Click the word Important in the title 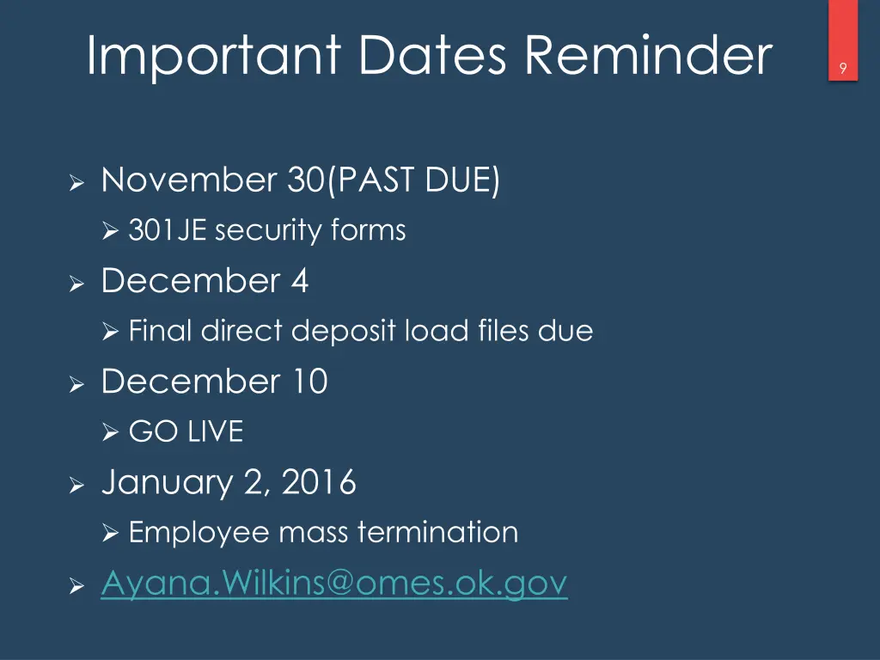(x=214, y=56)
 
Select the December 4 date (x=205, y=281)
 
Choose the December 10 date (x=214, y=382)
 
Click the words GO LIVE (x=186, y=431)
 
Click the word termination (x=437, y=533)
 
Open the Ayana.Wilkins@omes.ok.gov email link (x=334, y=584)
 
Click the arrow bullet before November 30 (x=76, y=184)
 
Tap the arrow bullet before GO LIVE (x=109, y=432)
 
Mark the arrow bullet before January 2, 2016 (x=76, y=486)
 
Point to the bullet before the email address (x=76, y=586)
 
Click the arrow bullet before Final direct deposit (x=109, y=332)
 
